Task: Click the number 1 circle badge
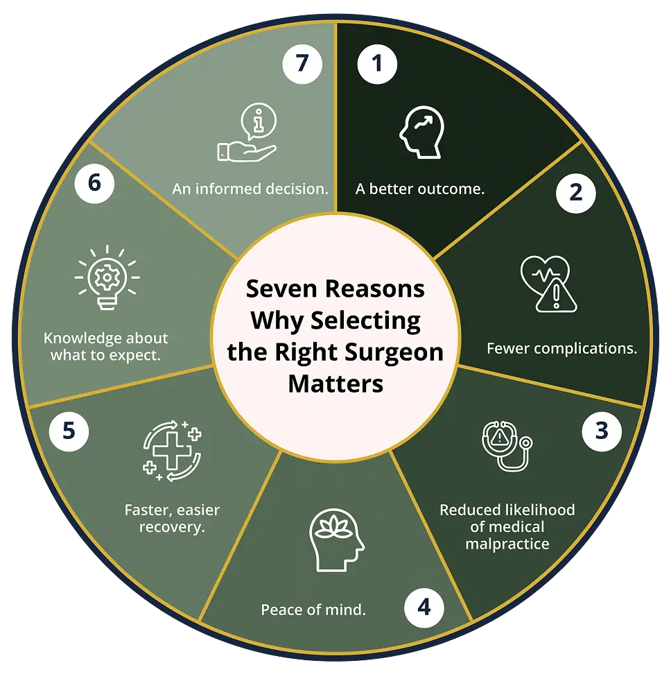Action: click(377, 64)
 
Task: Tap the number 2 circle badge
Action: click(576, 193)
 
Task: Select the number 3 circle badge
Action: click(602, 431)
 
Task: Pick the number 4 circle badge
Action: click(424, 608)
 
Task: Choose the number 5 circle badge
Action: click(69, 431)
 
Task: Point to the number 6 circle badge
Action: click(94, 183)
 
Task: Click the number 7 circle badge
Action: click(302, 64)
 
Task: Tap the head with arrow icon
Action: click(422, 132)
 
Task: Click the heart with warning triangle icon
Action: click(548, 284)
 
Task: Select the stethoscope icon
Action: click(507, 446)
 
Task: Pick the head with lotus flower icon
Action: click(337, 540)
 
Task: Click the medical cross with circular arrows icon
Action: click(173, 450)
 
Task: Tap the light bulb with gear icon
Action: click(107, 277)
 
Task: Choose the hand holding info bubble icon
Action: click(247, 132)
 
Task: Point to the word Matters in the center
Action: click(335, 384)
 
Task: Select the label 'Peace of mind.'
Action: click(313, 610)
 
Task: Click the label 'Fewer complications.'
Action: click(562, 349)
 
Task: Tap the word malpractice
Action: click(507, 544)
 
